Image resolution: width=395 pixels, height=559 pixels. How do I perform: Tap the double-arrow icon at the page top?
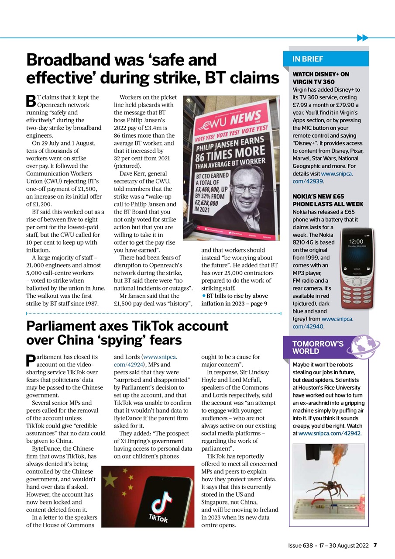coord(362,38)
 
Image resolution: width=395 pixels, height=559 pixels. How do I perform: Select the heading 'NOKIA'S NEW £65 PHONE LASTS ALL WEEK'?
coord(327,200)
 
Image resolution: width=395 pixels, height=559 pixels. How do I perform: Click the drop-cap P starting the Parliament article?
coord(31,361)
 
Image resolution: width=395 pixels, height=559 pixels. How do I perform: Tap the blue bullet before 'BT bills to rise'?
coord(203,296)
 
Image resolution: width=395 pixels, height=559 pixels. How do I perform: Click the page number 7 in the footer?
coord(375,545)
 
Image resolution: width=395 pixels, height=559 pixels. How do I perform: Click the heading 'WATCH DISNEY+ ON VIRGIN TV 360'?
coord(321,78)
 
